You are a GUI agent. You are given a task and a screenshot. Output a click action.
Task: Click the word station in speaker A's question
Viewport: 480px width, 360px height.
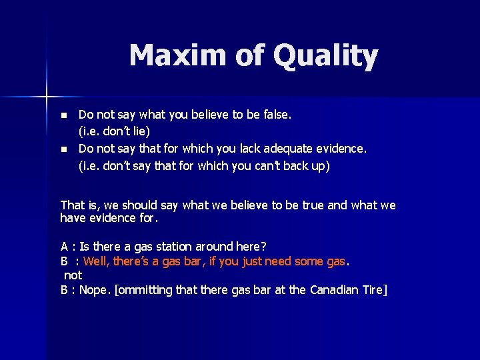(x=175, y=247)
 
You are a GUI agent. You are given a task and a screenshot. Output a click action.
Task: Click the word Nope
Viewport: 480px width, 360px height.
(x=95, y=290)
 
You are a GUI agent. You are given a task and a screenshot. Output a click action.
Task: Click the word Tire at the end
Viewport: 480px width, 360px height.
(x=373, y=290)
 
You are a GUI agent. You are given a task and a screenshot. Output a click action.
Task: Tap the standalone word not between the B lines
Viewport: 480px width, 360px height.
(x=73, y=275)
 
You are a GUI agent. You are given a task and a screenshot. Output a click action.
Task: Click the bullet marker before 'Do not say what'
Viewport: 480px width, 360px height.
(x=63, y=115)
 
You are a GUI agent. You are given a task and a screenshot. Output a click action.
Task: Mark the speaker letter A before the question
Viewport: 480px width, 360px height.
(x=64, y=247)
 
